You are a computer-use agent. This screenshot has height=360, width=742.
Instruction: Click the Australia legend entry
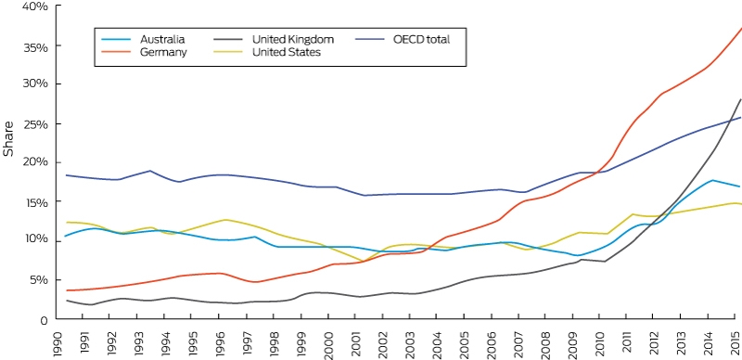pyautogui.click(x=162, y=39)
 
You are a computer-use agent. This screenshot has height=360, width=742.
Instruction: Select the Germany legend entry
pyautogui.click(x=163, y=52)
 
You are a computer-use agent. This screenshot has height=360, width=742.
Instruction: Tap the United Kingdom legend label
pyautogui.click(x=293, y=39)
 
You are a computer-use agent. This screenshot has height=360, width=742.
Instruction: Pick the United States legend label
pyautogui.click(x=287, y=52)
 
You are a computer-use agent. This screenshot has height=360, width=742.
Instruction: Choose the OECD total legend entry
pyautogui.click(x=421, y=39)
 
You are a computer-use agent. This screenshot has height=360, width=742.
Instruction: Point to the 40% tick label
pyautogui.click(x=37, y=6)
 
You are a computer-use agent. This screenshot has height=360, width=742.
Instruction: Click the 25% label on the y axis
pyautogui.click(x=37, y=124)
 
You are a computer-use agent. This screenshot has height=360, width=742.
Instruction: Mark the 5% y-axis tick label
pyautogui.click(x=40, y=279)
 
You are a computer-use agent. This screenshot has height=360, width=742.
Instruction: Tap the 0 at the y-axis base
pyautogui.click(x=45, y=320)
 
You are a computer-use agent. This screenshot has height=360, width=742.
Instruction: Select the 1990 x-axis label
pyautogui.click(x=56, y=341)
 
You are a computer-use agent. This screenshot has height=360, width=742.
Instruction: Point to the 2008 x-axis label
pyautogui.click(x=545, y=341)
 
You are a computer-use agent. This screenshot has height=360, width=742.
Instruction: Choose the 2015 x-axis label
pyautogui.click(x=736, y=341)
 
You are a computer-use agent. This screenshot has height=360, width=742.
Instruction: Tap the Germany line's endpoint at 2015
pyautogui.click(x=741, y=28)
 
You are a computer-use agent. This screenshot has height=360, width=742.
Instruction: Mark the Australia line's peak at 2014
pyautogui.click(x=711, y=180)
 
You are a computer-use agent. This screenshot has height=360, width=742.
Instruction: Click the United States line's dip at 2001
pyautogui.click(x=363, y=261)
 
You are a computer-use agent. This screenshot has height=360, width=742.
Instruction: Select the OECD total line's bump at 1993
pyautogui.click(x=150, y=171)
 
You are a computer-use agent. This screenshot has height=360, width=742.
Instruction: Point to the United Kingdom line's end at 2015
pyautogui.click(x=740, y=99)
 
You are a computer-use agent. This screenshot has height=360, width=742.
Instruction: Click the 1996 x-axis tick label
pyautogui.click(x=219, y=341)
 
